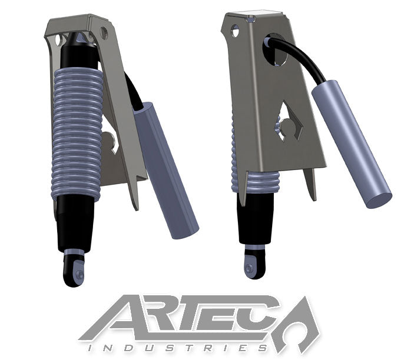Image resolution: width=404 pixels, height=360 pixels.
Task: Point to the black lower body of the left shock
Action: coord(75,224)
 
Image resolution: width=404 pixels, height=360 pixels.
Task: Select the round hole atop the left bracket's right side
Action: coord(104,31)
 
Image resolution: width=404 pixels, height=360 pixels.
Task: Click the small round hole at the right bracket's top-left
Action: coord(235,30)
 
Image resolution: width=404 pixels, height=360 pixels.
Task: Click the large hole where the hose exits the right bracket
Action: coord(277,50)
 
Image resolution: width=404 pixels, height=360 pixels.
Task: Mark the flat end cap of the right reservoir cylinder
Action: coord(378,198)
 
